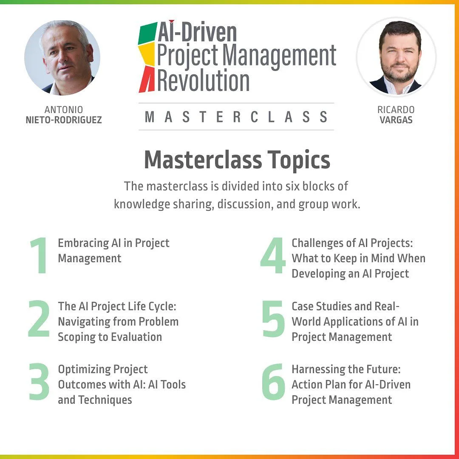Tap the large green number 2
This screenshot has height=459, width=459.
[39, 318]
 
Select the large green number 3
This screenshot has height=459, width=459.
[39, 382]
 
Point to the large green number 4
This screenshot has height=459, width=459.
[273, 255]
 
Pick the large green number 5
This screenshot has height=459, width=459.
[273, 318]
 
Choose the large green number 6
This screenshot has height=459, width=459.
[273, 382]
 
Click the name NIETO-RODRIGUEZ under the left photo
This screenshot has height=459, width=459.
[64, 120]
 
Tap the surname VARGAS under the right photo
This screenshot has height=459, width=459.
[396, 120]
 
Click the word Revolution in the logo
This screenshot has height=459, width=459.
[204, 80]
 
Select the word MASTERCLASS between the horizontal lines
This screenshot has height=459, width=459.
[236, 116]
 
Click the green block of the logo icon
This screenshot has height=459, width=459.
[148, 33]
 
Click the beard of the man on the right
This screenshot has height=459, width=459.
[397, 72]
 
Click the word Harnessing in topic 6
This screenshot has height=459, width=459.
[317, 370]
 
